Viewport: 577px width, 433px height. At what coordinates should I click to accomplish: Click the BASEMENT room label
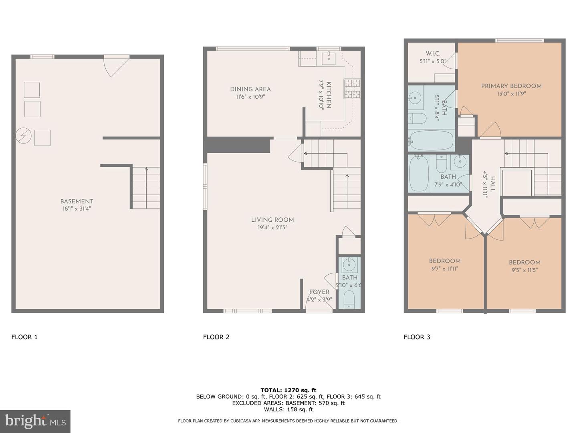[77, 201]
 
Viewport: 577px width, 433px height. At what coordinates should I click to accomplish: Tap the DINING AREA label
[250, 89]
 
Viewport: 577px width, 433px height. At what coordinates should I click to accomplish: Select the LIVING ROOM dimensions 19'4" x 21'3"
[272, 227]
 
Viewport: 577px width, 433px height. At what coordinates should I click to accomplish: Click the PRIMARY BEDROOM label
[511, 86]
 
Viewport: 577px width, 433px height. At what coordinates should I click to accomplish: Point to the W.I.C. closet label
[433, 54]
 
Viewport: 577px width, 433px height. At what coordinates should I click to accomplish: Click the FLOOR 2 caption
[216, 337]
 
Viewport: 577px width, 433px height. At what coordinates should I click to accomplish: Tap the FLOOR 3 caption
[417, 337]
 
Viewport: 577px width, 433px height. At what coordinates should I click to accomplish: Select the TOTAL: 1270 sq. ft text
[288, 390]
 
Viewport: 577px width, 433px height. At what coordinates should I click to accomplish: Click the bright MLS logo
[35, 421]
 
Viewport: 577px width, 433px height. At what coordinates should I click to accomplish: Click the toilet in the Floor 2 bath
[349, 299]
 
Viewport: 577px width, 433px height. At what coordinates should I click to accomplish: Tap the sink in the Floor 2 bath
[349, 265]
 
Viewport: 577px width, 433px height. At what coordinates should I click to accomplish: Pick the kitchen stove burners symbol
[352, 89]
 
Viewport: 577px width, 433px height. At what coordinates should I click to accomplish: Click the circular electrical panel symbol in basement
[23, 136]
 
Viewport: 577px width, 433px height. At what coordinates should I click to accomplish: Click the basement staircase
[146, 188]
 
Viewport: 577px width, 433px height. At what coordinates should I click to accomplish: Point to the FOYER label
[319, 292]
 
